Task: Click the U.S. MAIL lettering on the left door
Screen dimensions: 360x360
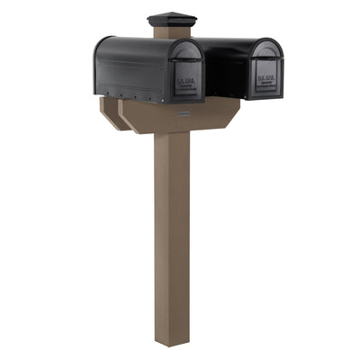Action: (187, 85)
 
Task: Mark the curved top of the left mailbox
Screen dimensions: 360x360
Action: (135, 42)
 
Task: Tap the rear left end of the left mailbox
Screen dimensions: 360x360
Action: (98, 63)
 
